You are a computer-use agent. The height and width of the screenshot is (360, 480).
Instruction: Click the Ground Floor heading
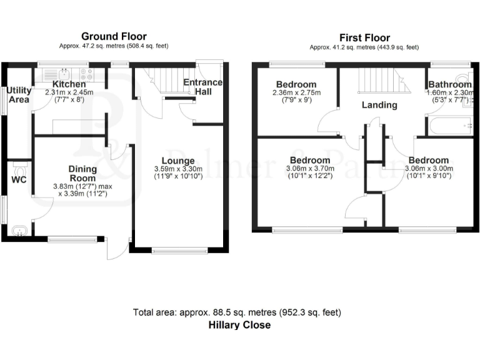click(114, 36)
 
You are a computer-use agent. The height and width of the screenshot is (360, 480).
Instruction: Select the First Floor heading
click(366, 37)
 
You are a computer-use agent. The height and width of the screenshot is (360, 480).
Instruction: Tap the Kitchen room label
click(69, 84)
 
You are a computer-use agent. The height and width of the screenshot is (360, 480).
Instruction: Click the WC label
click(19, 181)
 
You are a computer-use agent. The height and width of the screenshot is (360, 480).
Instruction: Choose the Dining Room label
click(82, 174)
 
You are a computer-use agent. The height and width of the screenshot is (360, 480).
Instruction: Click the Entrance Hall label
click(202, 87)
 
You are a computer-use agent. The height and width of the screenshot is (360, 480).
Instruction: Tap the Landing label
click(379, 105)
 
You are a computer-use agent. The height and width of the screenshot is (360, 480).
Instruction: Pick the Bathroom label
click(449, 84)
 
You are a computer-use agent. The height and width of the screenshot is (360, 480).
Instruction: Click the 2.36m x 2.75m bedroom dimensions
click(296, 96)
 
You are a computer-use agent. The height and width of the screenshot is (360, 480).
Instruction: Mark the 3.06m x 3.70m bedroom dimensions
click(310, 172)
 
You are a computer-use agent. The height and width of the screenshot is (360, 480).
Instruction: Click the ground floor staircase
click(164, 82)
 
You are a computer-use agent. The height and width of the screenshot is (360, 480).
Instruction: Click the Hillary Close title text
click(239, 325)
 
